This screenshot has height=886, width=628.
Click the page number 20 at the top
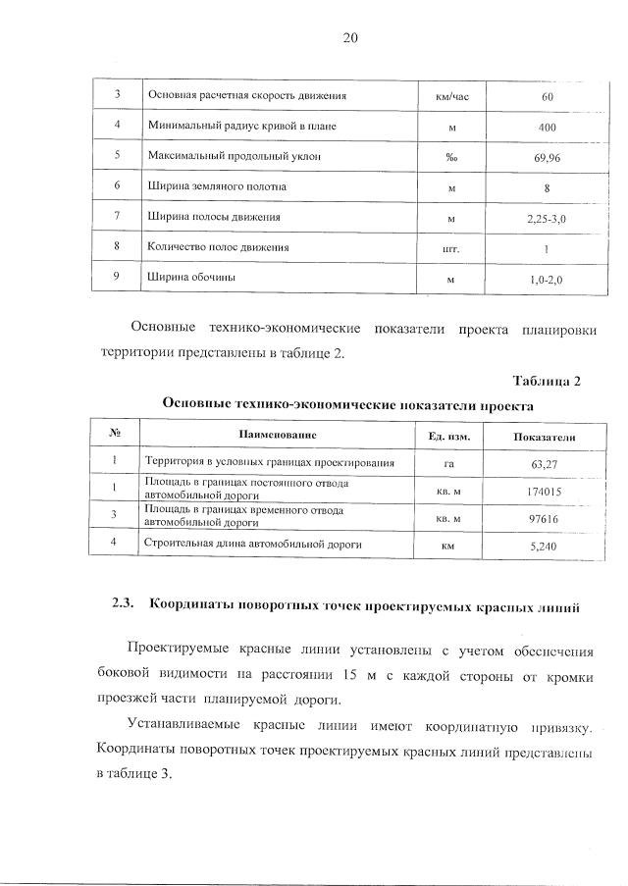pyautogui.click(x=351, y=38)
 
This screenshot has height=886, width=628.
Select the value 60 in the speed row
pyautogui.click(x=548, y=96)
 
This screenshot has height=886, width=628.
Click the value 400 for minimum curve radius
pyautogui.click(x=548, y=127)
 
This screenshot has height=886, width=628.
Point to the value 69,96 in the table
pyautogui.click(x=548, y=157)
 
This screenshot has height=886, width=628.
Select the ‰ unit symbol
pyautogui.click(x=451, y=157)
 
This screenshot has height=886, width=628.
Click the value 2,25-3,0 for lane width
pyautogui.click(x=548, y=218)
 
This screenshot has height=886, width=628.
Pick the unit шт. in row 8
pyautogui.click(x=451, y=248)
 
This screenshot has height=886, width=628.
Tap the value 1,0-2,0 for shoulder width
pyautogui.click(x=548, y=279)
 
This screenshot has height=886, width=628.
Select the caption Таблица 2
pyautogui.click(x=547, y=381)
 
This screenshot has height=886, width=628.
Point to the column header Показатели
pyautogui.click(x=544, y=436)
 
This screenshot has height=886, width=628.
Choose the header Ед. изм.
pyautogui.click(x=450, y=435)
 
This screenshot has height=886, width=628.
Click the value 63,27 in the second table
pyautogui.click(x=543, y=463)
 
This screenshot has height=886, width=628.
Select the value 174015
pyautogui.click(x=543, y=491)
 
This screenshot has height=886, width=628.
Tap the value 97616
pyautogui.click(x=543, y=517)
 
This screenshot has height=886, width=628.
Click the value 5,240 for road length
pyautogui.click(x=543, y=545)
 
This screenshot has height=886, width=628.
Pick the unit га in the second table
pyautogui.click(x=450, y=463)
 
